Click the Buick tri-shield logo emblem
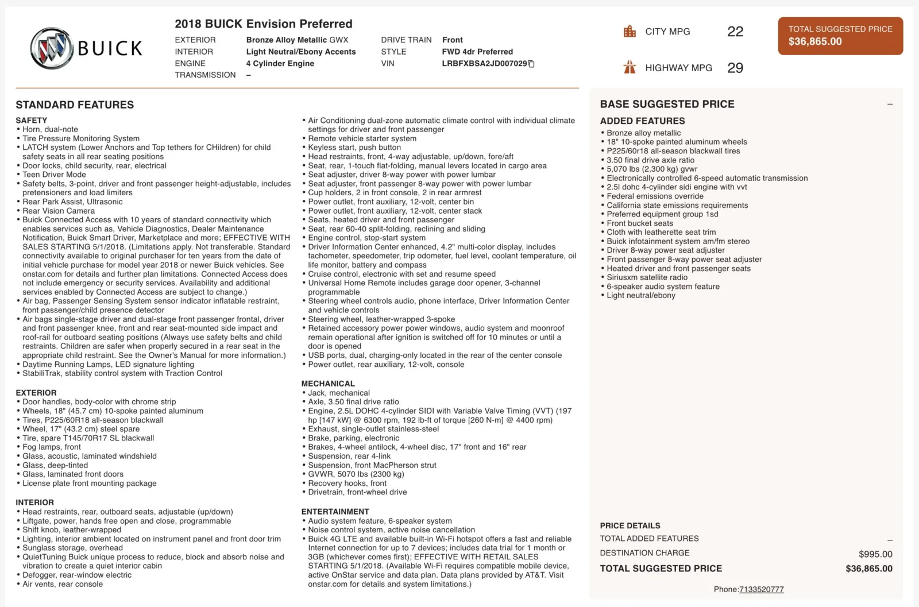[51, 48]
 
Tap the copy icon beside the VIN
[531, 64]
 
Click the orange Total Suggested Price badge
[840, 36]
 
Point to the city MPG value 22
[735, 32]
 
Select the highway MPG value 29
[735, 68]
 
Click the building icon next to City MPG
[630, 32]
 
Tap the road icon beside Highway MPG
[630, 68]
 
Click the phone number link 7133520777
[761, 589]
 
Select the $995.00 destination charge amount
[875, 554]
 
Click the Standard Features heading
[75, 105]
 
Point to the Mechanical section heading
[328, 384]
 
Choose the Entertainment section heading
[335, 512]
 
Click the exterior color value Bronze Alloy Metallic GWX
[297, 40]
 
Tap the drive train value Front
[452, 40]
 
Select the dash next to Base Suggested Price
[890, 105]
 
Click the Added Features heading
[642, 121]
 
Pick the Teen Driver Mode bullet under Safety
[54, 175]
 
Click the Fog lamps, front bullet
[52, 447]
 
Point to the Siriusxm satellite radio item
[647, 277]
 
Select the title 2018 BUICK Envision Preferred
[263, 24]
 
